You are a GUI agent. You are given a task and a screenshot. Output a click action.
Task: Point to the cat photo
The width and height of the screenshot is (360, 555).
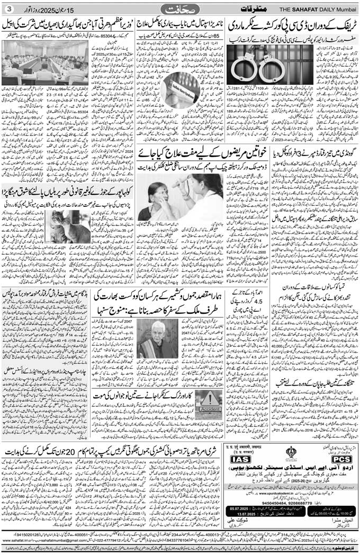pos(70,226)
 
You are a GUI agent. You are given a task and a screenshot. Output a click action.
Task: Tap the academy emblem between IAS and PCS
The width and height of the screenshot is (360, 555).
pos(291,453)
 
